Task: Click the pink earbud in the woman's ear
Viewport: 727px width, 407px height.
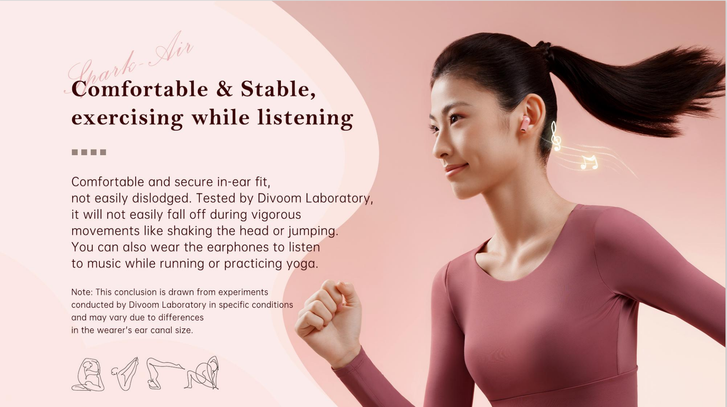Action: tap(525, 124)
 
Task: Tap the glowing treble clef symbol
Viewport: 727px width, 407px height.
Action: tap(555, 136)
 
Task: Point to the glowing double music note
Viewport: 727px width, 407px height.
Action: tap(589, 162)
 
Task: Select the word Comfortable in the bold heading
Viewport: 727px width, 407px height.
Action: tap(140, 89)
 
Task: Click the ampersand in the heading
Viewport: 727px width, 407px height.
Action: tap(224, 89)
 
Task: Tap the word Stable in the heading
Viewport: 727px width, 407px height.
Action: tap(278, 89)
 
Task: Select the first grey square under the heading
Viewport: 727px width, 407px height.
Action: tap(75, 152)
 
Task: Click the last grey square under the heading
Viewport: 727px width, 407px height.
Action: tap(103, 152)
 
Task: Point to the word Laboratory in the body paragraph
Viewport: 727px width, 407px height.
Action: tap(339, 198)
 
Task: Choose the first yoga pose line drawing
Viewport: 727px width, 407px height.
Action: tap(88, 374)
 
